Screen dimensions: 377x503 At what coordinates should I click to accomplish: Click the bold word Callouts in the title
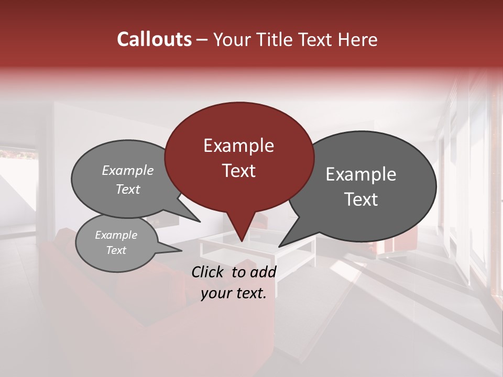coord(154,39)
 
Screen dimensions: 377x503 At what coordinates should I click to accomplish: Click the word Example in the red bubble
coord(238,146)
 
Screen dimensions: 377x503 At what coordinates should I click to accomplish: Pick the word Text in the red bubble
coord(238,170)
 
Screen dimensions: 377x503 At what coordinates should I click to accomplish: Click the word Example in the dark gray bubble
coord(361,174)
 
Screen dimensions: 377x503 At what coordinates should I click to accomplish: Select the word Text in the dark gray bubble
coord(361,199)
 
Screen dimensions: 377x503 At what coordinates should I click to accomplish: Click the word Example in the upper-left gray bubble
coord(127,170)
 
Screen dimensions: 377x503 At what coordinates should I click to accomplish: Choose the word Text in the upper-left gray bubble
coord(127,189)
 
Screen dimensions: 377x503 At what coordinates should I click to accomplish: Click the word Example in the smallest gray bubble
coord(116,235)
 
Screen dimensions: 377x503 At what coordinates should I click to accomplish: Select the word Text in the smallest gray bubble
coord(116,250)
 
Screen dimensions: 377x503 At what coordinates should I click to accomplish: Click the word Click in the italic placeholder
coord(209,272)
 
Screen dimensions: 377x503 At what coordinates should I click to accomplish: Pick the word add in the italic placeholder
coord(263,272)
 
